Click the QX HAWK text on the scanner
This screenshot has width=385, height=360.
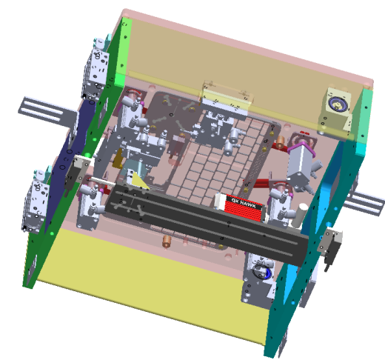(244, 202)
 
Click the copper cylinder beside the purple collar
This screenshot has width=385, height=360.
(280, 141)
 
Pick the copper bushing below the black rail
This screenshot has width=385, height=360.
(167, 241)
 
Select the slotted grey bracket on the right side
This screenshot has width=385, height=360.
(364, 202)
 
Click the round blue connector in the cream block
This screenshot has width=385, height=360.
(336, 103)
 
